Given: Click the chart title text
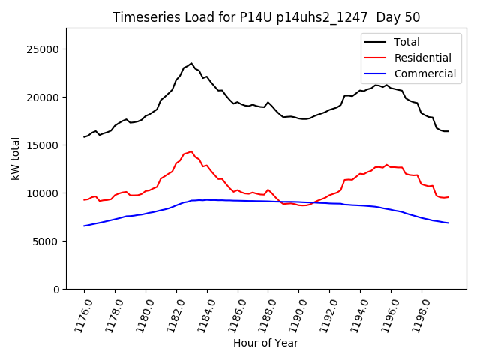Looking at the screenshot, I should pyautogui.click(x=266, y=17).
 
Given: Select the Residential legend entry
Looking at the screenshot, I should pyautogui.click(x=422, y=58).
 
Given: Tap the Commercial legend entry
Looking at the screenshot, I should pyautogui.click(x=424, y=73).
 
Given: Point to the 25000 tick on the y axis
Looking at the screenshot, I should pyautogui.click(x=44, y=49).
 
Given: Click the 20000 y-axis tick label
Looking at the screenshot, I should pyautogui.click(x=44, y=97).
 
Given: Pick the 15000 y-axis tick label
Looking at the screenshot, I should pyautogui.click(x=44, y=145).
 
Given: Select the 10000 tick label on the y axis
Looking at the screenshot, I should pyautogui.click(x=44, y=193).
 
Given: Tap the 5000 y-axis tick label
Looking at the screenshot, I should pyautogui.click(x=47, y=241).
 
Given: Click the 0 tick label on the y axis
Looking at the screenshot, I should pyautogui.click(x=57, y=289).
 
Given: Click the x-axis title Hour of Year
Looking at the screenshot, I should pyautogui.click(x=265, y=343).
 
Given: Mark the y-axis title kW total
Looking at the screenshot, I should pyautogui.click(x=15, y=158).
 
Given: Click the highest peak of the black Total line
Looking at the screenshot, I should pyautogui.click(x=191, y=63).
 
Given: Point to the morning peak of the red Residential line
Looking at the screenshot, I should pyautogui.click(x=191, y=151).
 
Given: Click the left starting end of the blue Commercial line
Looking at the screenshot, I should pyautogui.click(x=84, y=226).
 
